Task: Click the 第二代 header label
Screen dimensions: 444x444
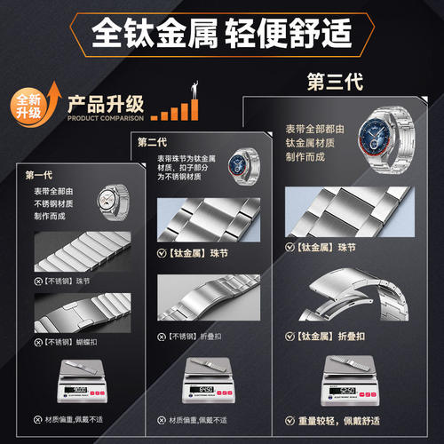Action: pos(153,140)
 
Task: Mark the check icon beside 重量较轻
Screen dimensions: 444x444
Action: pos(289,421)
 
